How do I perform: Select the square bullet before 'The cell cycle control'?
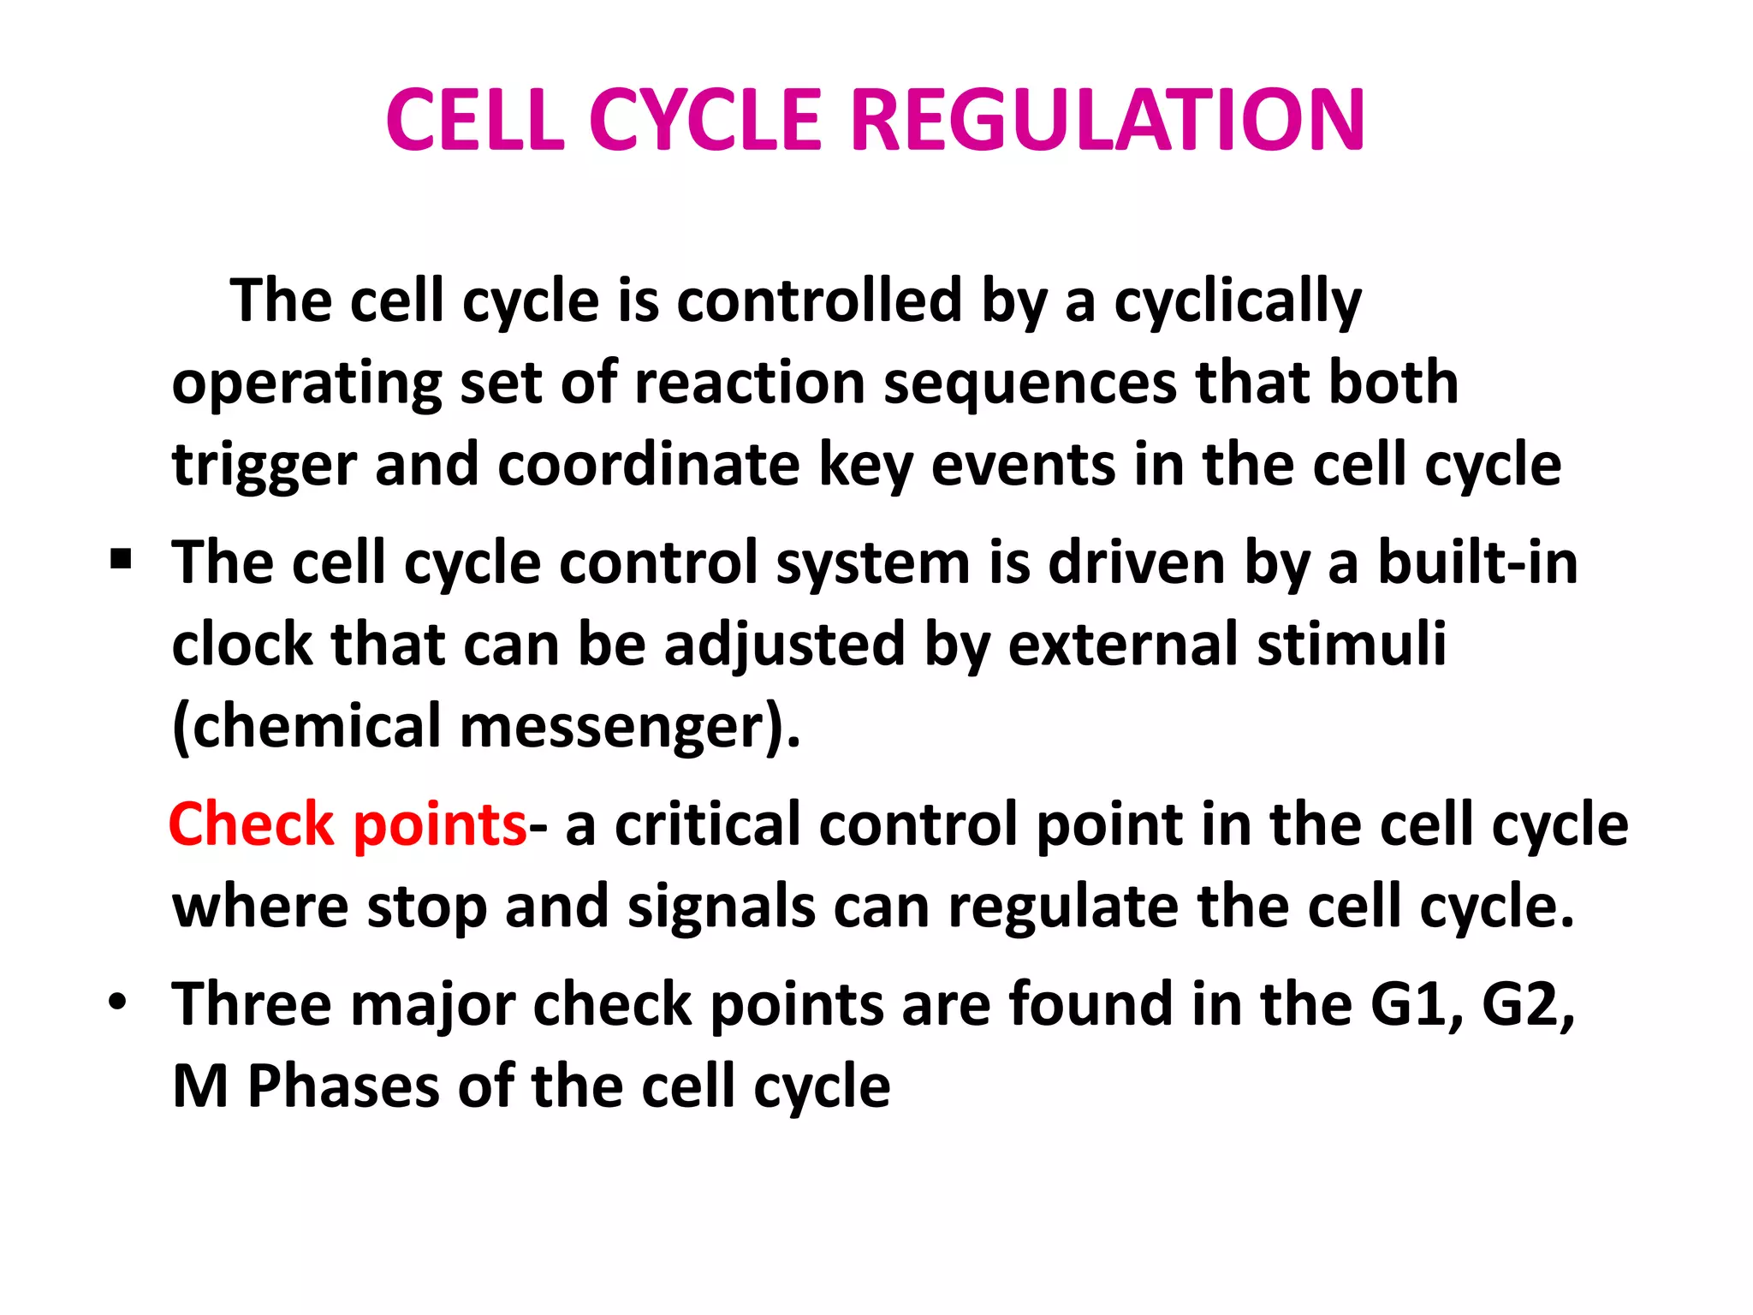click(x=121, y=561)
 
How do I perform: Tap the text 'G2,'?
click(x=1528, y=1004)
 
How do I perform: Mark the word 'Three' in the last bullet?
click(x=252, y=1004)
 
